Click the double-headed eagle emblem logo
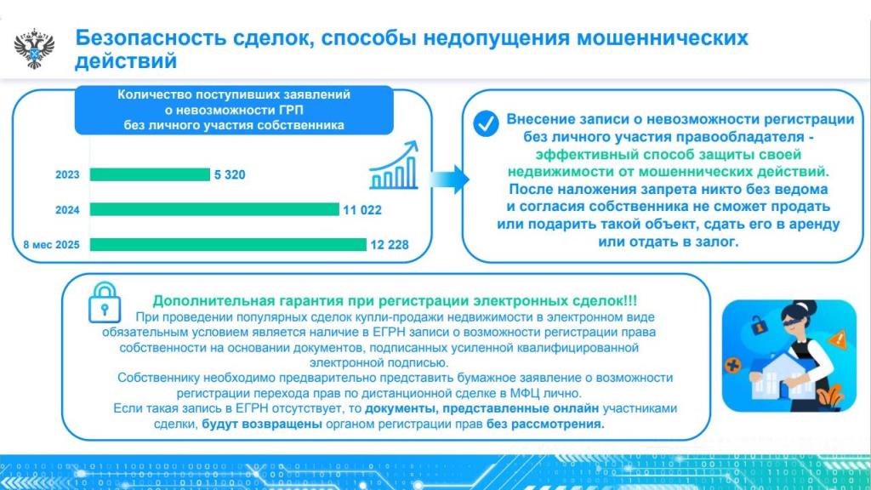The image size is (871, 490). (x=34, y=48)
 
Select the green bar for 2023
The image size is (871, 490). (x=150, y=174)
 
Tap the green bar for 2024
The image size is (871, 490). (x=214, y=209)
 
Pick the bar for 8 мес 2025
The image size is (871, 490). (x=228, y=244)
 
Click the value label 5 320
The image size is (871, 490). (x=230, y=174)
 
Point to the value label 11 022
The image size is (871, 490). (x=362, y=210)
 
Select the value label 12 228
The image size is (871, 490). (x=390, y=244)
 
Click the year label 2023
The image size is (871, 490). (x=67, y=174)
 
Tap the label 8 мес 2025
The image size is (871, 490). (x=52, y=244)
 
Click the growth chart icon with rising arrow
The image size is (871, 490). (x=394, y=166)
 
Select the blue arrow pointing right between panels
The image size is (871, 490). (x=449, y=179)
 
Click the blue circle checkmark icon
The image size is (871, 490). (x=486, y=124)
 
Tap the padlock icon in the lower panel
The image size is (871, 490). (x=105, y=304)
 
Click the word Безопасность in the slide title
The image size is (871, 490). (x=151, y=37)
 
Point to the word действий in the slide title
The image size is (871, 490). (x=126, y=60)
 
